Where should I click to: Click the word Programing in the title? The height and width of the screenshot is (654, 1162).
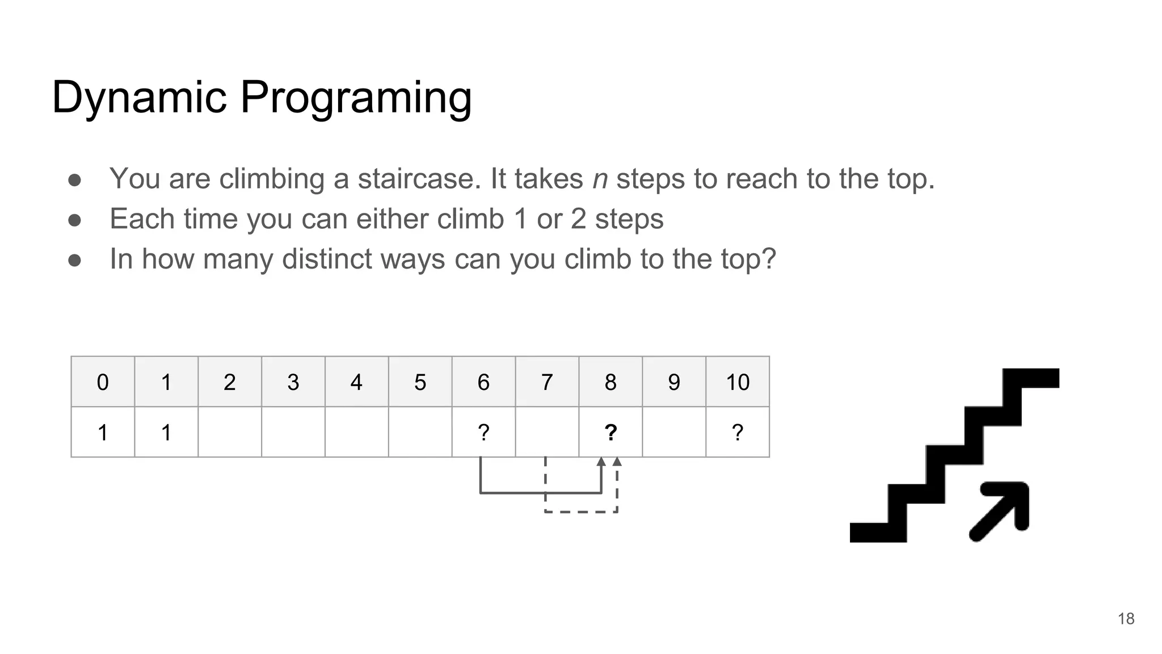[356, 98]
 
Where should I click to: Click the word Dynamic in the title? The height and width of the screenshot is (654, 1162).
[140, 98]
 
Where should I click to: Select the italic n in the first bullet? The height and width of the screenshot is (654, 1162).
[600, 179]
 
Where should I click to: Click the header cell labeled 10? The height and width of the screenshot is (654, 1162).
[738, 382]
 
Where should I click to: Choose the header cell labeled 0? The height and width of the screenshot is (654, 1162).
[103, 382]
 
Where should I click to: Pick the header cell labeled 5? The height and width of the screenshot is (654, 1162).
[420, 382]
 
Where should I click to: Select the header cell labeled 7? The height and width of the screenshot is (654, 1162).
[547, 382]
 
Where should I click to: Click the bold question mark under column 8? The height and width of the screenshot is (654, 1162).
[611, 433]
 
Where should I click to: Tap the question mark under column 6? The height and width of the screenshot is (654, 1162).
[483, 433]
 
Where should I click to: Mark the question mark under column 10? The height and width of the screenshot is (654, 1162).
[738, 433]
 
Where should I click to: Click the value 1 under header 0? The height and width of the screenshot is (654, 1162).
[103, 433]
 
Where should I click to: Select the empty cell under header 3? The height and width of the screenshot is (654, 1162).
[293, 433]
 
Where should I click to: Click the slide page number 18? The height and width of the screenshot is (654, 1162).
[1126, 619]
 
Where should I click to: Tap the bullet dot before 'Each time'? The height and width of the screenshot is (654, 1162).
[74, 220]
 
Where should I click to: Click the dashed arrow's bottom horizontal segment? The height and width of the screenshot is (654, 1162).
[581, 512]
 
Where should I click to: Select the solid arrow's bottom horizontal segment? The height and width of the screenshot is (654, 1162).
[541, 493]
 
